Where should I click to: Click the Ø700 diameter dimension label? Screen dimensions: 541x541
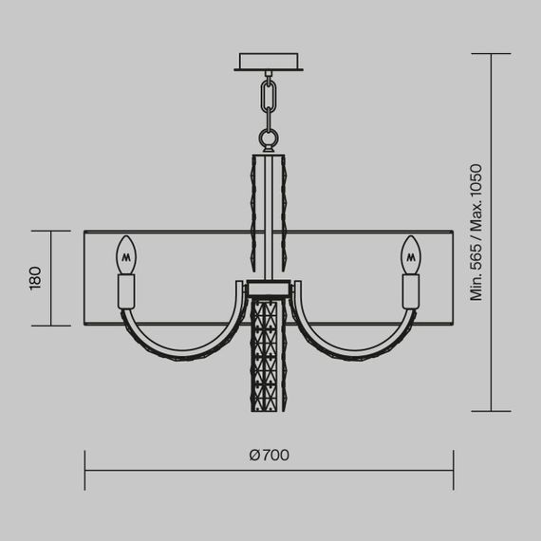pos(270,455)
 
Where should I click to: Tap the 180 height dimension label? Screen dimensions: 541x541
pos(35,278)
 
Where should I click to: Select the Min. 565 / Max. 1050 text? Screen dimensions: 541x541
pos(477,233)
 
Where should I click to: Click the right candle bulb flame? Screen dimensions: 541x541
pos(411,254)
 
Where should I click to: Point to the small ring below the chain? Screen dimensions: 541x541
pos(270,140)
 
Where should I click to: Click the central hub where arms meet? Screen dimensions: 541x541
pos(270,288)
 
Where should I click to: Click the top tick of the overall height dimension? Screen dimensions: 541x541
pos(492,54)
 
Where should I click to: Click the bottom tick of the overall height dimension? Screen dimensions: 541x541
pos(492,411)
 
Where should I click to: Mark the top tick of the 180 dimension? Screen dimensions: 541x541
pos(51,231)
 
